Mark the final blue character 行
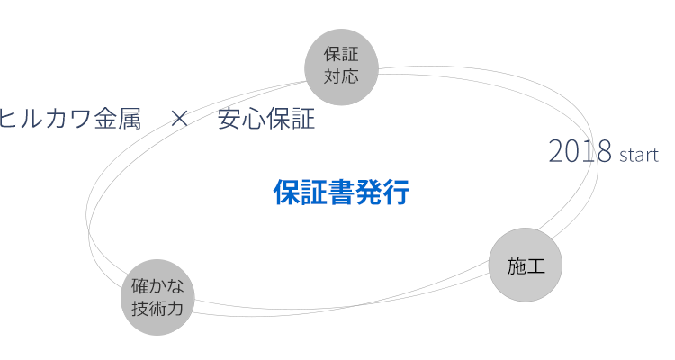[x=396, y=193]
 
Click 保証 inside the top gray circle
[x=341, y=56]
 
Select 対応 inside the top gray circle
[x=341, y=76]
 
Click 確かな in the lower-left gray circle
[x=157, y=287]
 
